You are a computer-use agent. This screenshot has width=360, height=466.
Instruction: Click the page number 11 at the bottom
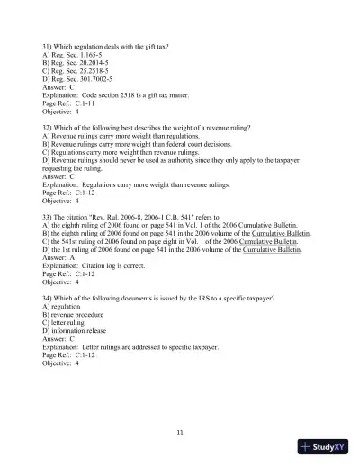click(181, 433)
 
